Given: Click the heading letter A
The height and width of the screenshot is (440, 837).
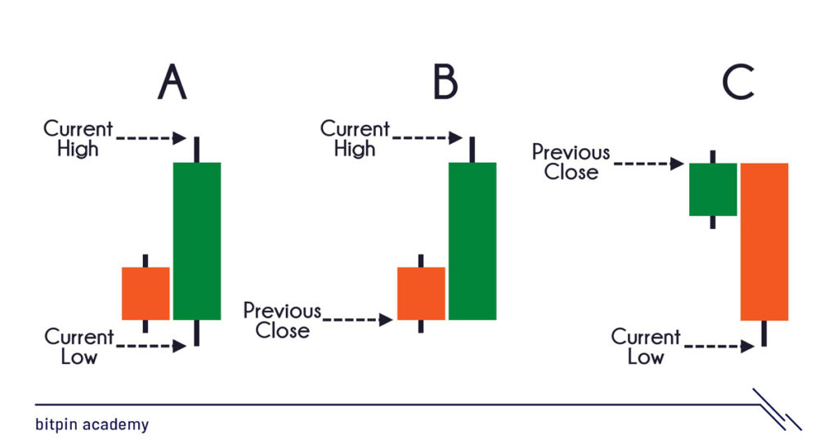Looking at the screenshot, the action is coord(172,82).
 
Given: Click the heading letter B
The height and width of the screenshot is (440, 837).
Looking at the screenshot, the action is coord(445,82).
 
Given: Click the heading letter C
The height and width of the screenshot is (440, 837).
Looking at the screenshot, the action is coord(738,82).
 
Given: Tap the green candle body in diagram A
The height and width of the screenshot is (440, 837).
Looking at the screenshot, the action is coord(197,241).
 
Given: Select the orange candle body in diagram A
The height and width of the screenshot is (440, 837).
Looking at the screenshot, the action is coord(145,294).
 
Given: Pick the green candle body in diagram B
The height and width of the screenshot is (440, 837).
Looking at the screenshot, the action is coord(472,241).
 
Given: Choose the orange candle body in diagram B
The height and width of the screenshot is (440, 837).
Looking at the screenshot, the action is coord(421,294).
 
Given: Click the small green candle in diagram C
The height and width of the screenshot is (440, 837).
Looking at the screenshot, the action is coord(713,190).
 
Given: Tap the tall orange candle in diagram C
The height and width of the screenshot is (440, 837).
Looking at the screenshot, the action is coord(764,242).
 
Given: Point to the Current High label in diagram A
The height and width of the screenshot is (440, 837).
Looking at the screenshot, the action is coord(78,138).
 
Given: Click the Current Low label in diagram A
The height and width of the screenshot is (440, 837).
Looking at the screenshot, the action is coord(79,347).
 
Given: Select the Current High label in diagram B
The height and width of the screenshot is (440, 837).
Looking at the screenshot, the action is coord(355,138).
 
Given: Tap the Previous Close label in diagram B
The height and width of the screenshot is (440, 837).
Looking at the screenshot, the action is coord(282,320).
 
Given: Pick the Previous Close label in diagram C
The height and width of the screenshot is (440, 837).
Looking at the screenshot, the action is coord(571,162).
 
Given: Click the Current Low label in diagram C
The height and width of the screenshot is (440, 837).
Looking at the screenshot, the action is coord(646,347).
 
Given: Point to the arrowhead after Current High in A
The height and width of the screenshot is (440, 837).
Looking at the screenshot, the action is coord(179,138).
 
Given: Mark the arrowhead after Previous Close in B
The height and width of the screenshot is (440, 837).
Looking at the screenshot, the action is coord(386,320).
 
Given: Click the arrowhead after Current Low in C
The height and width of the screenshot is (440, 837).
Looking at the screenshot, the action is coord(747,347).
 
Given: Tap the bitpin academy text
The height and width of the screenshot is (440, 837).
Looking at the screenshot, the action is coord(92,424).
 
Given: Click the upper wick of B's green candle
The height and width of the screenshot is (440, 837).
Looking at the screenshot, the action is coord(472,150).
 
